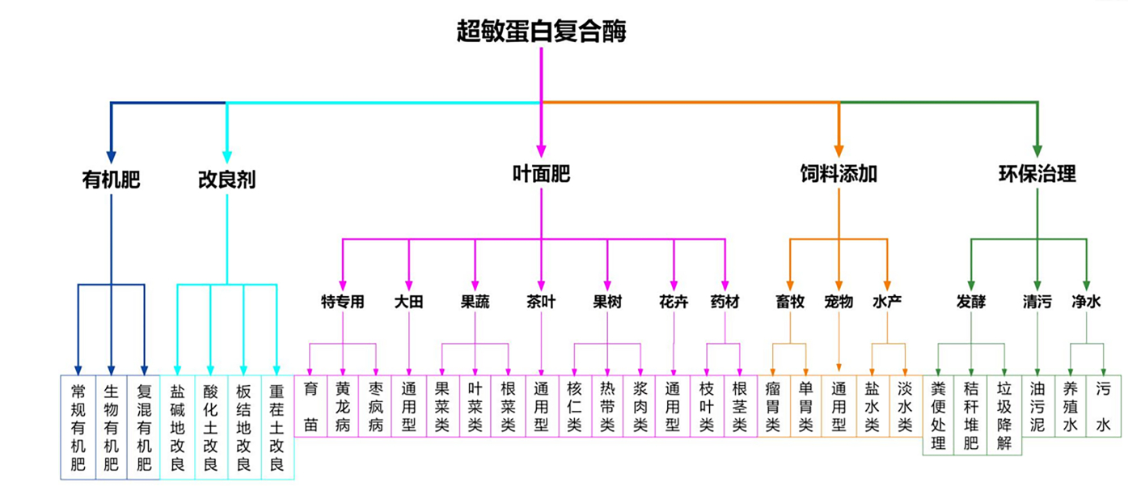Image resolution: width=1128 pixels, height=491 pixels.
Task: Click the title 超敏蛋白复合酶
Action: coord(541,32)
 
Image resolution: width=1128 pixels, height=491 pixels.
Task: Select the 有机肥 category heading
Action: coord(112,179)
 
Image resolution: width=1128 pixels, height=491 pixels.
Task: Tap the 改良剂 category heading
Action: coord(226,179)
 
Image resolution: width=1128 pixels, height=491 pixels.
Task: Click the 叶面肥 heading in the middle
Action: coord(541,173)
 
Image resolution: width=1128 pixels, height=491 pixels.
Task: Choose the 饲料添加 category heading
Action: coord(839,174)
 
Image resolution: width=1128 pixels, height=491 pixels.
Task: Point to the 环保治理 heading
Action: coord(1037,174)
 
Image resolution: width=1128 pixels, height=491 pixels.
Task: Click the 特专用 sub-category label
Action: coord(342,303)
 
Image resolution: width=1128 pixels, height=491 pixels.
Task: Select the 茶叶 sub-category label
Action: coord(541,303)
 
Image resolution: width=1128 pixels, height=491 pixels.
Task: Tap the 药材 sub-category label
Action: coord(725,303)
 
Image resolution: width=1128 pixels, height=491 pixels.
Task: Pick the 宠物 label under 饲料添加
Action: coord(839,303)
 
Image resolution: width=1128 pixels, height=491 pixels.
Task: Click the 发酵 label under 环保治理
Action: coord(971,303)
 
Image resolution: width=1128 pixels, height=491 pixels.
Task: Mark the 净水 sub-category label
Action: coord(1086,303)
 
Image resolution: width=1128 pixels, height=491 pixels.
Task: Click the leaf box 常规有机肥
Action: coord(78,426)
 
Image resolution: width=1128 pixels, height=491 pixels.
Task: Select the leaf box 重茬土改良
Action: coord(277,426)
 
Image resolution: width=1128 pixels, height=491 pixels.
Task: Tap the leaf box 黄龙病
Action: coord(343,406)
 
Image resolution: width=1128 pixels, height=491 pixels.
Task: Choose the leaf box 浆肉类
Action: coord(640,406)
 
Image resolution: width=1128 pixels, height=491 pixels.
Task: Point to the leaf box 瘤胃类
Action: coord(773,406)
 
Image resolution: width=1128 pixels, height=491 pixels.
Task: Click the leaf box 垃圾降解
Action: coord(1004,415)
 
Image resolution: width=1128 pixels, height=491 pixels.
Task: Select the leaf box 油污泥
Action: coord(1037,406)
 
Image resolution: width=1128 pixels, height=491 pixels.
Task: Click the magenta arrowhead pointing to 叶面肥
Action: coord(541,150)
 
